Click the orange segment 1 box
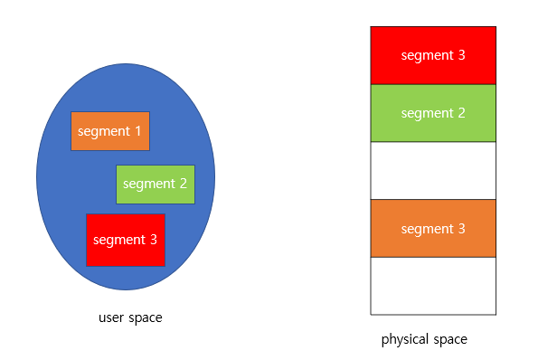coord(110,131)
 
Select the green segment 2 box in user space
coord(155,184)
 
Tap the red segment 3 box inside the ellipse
coord(125,240)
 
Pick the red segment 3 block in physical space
coord(433,55)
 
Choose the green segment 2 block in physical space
coord(433,113)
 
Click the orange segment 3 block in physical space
coord(433,228)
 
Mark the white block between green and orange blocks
coord(433,170)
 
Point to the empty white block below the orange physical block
coord(433,286)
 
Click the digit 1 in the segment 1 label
coord(137,131)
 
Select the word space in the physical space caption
coord(450,340)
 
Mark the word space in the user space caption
coord(145,318)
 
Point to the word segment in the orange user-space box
coord(103,131)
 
